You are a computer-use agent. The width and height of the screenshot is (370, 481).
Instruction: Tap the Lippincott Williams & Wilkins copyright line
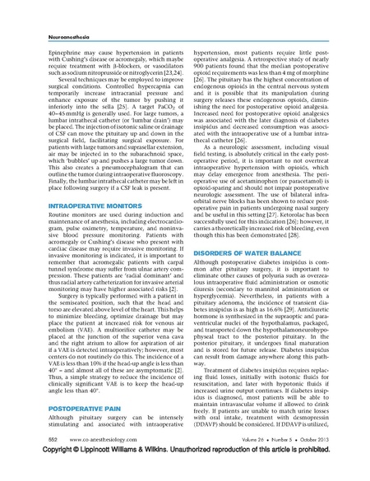click(184, 474)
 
